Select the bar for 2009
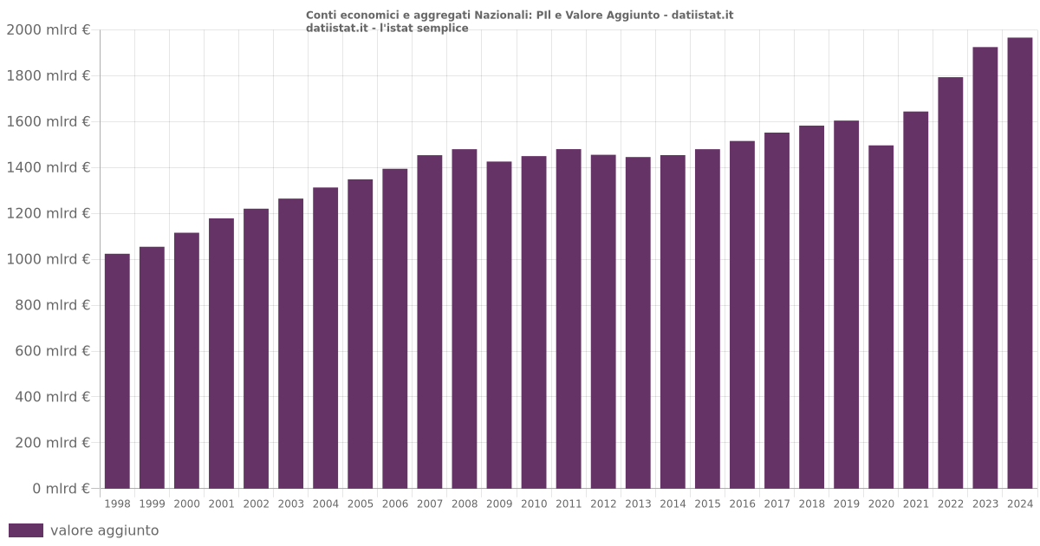tap(499, 325)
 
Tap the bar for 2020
tap(881, 316)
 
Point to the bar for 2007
tap(430, 322)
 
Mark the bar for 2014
tap(673, 322)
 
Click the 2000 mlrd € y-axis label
tap(49, 30)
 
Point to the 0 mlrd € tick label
tap(62, 489)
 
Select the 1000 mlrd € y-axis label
tap(49, 259)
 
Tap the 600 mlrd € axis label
tap(53, 351)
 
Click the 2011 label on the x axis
tap(569, 504)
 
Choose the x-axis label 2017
tap(777, 504)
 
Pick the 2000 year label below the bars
tap(186, 504)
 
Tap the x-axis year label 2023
tap(985, 504)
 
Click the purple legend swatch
tap(26, 530)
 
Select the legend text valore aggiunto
tap(104, 530)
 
